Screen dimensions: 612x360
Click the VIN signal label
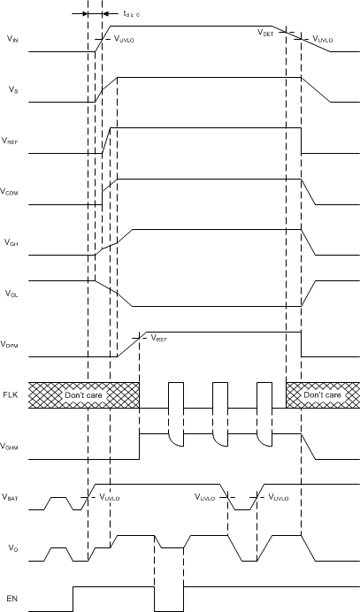11,40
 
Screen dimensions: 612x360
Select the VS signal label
11,90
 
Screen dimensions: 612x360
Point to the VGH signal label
11,242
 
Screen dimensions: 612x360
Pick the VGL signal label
11,293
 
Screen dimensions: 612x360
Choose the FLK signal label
11,395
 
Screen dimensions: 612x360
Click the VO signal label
11,548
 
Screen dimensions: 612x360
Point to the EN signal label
11,599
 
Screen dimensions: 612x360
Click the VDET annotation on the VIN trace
265,32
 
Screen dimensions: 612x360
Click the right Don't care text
320,395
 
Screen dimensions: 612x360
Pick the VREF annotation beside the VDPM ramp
159,338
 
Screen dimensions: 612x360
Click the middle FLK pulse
219,395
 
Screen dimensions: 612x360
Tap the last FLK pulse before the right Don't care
264,395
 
